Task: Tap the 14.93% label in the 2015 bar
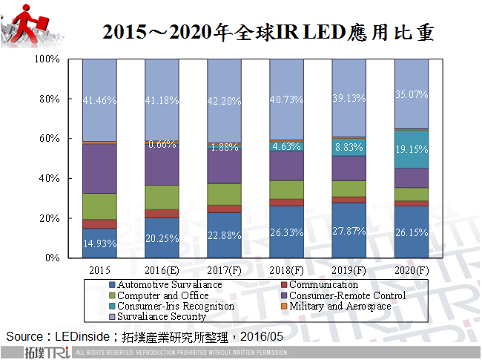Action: tap(99, 243)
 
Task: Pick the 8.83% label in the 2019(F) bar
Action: tap(349, 148)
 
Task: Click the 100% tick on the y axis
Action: tap(47, 59)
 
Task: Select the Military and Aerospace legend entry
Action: tap(339, 306)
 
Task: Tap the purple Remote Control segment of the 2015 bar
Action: tap(99, 168)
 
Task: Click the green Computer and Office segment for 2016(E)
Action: tap(162, 197)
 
